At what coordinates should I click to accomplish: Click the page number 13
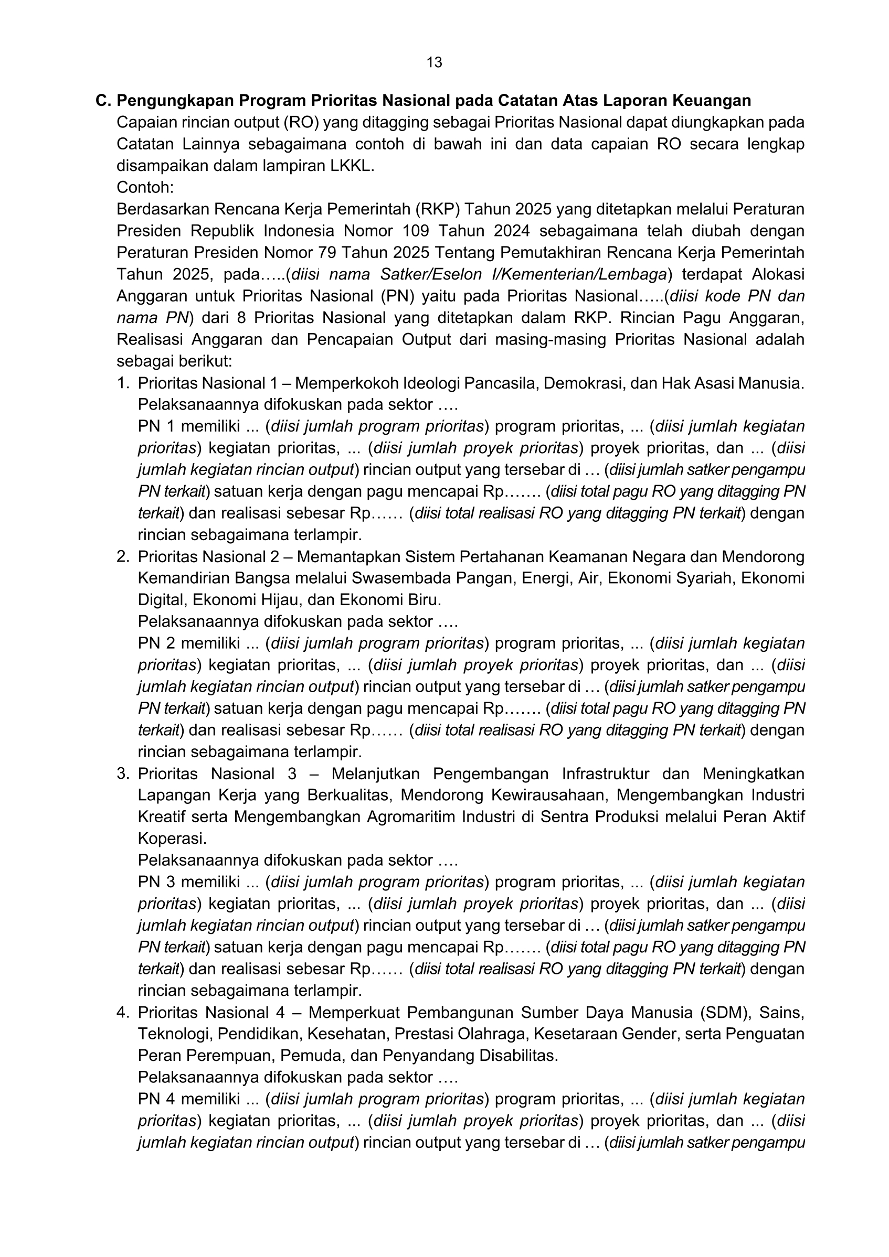click(434, 62)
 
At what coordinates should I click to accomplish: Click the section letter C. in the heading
click(103, 101)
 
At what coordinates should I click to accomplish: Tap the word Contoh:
click(145, 188)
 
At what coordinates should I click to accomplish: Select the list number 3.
click(122, 774)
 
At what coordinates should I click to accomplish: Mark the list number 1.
click(122, 383)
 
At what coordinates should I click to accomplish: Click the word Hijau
click(280, 600)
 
